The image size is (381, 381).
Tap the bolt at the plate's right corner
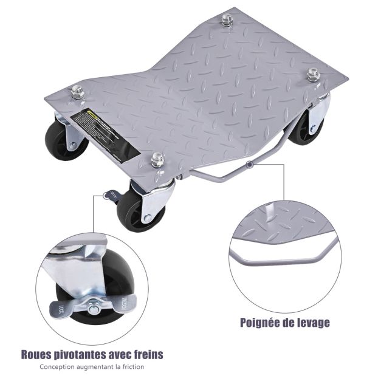click(x=314, y=75)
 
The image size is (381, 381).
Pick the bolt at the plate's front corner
click(x=157, y=161)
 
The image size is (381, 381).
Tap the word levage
click(x=313, y=322)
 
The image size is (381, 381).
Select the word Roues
click(x=37, y=354)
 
